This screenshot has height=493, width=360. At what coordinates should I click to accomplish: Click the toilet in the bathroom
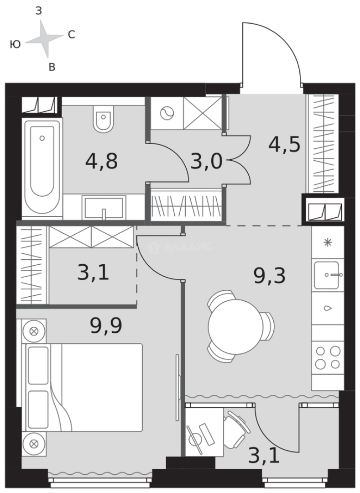(104, 119)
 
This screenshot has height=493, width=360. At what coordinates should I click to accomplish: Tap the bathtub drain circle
(42, 138)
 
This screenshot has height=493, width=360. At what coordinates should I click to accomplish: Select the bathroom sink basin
(104, 208)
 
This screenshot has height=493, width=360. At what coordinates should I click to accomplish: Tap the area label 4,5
(284, 144)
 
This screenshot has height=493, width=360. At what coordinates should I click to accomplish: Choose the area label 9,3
(270, 276)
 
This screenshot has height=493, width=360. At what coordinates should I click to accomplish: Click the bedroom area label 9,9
(106, 325)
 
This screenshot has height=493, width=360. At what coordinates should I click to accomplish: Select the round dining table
(235, 326)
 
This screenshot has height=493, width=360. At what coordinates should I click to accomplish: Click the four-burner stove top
(328, 357)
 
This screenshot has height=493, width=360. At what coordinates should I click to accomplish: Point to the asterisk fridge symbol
(328, 242)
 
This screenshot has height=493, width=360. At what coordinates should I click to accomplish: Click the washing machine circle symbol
(167, 113)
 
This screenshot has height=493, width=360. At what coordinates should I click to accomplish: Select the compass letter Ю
(15, 44)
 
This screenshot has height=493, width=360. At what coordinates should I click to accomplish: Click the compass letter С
(71, 34)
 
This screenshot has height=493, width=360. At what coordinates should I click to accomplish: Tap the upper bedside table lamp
(34, 331)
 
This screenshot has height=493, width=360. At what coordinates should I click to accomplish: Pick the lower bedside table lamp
(34, 444)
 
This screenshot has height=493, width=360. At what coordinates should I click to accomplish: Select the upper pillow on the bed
(38, 366)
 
